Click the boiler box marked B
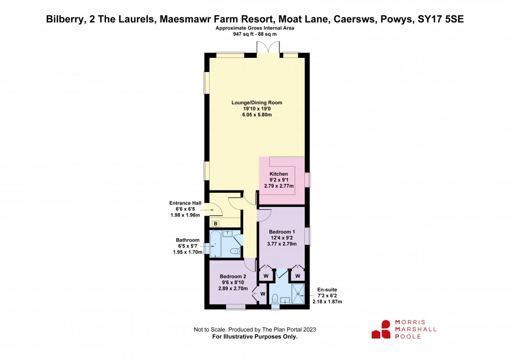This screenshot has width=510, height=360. point(216,223)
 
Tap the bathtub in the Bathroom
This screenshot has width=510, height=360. point(215,244)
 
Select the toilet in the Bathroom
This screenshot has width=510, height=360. point(235,251)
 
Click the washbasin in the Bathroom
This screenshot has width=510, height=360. point(227,234)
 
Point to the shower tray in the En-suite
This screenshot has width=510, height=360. point(298,294)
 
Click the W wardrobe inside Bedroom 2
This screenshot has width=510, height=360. point(263,294)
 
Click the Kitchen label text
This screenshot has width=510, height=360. point(279,174)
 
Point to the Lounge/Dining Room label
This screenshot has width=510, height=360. point(257,103)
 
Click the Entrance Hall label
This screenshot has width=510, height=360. point(185,203)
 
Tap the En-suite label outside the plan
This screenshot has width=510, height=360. point(327,289)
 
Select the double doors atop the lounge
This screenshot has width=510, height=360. point(268,48)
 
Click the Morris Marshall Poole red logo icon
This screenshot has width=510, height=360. point(381,329)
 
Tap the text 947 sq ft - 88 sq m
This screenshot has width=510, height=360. point(255,34)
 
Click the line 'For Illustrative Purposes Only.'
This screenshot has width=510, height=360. point(255,337)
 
